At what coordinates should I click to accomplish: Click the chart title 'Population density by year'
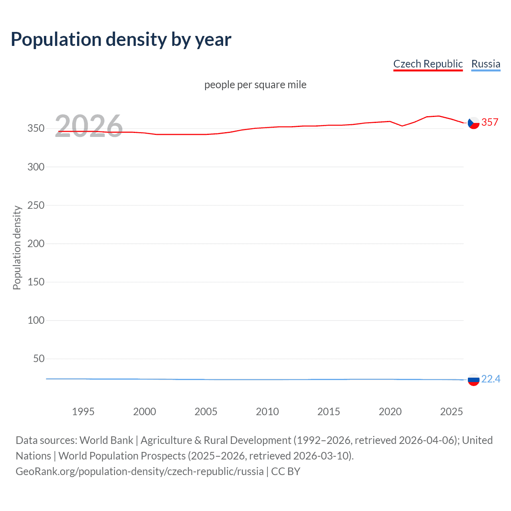click(x=121, y=40)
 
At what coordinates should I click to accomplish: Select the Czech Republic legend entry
click(x=428, y=64)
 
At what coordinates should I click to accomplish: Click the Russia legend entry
click(x=485, y=64)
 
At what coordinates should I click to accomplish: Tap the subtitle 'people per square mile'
click(x=255, y=85)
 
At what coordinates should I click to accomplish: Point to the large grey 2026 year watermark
click(x=89, y=126)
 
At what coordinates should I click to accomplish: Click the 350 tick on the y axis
click(x=36, y=129)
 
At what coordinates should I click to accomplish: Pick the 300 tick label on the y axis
click(x=36, y=167)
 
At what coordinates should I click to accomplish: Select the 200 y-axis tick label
click(x=36, y=244)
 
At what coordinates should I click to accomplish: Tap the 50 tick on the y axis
click(x=39, y=358)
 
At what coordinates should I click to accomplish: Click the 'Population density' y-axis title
click(x=17, y=248)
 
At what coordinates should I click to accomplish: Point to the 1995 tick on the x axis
click(x=83, y=412)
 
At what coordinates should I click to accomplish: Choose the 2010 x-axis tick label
click(x=267, y=412)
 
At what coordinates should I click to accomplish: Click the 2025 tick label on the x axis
click(x=451, y=412)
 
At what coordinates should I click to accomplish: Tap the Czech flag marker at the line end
click(x=473, y=123)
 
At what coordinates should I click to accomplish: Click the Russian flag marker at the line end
click(x=473, y=380)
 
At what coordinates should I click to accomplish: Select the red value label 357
click(x=490, y=122)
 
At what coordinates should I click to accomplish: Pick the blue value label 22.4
click(x=491, y=379)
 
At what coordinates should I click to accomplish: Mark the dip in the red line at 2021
click(x=402, y=126)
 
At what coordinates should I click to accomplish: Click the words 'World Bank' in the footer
click(x=106, y=440)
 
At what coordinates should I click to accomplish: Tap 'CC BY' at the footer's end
click(x=285, y=471)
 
